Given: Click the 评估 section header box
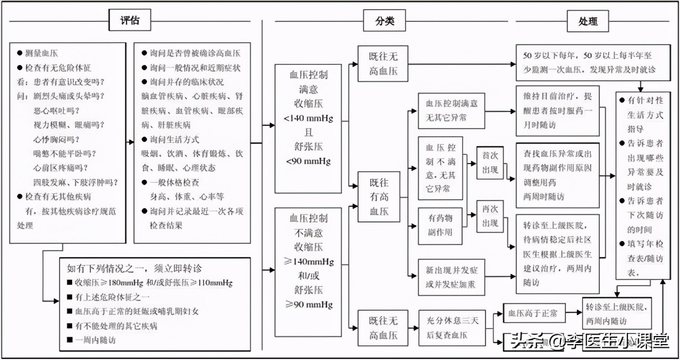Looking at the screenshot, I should [130, 21].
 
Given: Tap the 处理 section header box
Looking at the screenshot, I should [588, 21].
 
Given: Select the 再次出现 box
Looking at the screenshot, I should [490, 216].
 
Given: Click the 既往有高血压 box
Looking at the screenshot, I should [379, 196].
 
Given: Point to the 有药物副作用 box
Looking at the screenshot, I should [440, 225].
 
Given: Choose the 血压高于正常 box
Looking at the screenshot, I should [533, 313].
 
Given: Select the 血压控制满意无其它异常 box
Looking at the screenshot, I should [452, 110].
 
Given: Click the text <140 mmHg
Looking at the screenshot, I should [309, 118].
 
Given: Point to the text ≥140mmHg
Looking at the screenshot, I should [309, 261].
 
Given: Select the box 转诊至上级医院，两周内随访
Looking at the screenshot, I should [616, 313].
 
